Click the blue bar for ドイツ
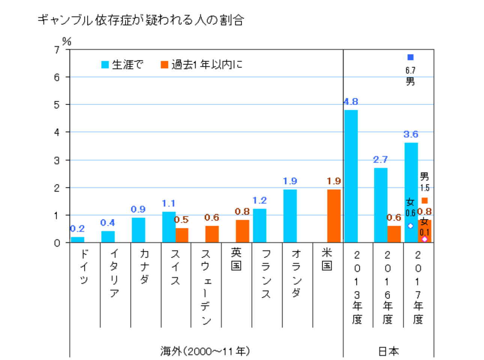point(77,240)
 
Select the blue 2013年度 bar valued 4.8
point(351,176)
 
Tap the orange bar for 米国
point(334,216)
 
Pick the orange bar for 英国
point(242,231)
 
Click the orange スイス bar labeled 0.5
point(182,235)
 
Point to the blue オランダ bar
point(290,216)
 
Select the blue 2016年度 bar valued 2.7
point(381,205)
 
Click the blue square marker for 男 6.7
point(410,57)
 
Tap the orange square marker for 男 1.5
point(425,201)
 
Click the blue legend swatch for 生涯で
point(105,65)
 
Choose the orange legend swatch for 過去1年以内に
point(164,65)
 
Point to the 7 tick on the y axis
point(57,49)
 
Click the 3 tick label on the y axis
point(57,160)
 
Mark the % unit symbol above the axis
point(67,41)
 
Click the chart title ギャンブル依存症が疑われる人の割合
point(141,20)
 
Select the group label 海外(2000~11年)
point(205,351)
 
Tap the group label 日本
point(388,351)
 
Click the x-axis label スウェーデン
point(206,286)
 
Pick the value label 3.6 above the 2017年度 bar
point(411,134)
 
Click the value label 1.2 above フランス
point(260,201)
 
